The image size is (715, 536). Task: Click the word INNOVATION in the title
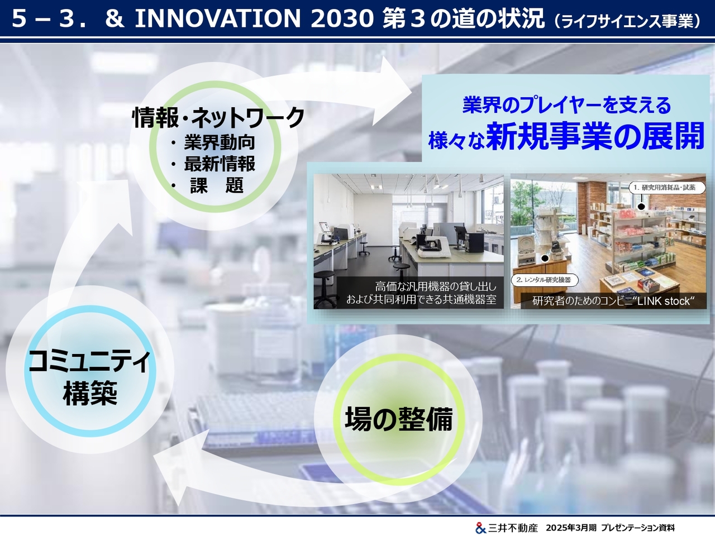click(x=218, y=18)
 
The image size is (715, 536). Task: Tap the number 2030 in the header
click(x=342, y=18)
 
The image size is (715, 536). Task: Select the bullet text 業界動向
click(x=220, y=142)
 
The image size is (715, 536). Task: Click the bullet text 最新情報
click(x=220, y=164)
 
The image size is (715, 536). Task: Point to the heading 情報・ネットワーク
click(x=218, y=117)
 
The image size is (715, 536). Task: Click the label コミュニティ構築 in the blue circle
click(x=90, y=377)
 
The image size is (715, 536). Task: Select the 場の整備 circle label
click(x=399, y=419)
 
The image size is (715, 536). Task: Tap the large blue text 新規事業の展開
click(x=595, y=136)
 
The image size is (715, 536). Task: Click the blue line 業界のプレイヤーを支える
click(x=566, y=105)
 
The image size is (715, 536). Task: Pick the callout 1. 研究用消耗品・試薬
click(x=667, y=188)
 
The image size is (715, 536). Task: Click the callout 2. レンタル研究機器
click(x=545, y=280)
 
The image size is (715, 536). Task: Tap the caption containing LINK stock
click(x=613, y=301)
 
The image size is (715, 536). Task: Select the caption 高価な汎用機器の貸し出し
click(x=436, y=286)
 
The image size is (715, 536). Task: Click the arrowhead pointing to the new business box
click(x=394, y=91)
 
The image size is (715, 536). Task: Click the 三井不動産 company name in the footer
click(x=512, y=528)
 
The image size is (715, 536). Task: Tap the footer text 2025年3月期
click(x=571, y=528)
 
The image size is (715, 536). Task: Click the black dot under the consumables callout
click(x=641, y=207)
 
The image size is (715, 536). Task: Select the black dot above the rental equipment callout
click(x=545, y=259)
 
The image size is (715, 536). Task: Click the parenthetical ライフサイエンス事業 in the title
click(x=627, y=21)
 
